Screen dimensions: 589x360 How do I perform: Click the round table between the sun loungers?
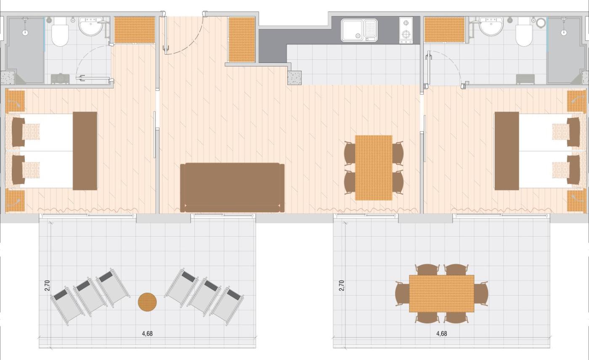click(x=147, y=302)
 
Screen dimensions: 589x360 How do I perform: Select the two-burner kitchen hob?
click(x=406, y=30)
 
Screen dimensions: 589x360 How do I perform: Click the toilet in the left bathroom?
click(x=60, y=32)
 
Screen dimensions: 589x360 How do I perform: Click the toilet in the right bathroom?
click(x=524, y=32)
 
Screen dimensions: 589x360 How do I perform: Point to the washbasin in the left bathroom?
click(x=91, y=27)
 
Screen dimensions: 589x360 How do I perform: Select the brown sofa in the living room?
click(x=232, y=188)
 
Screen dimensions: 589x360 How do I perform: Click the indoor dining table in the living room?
click(x=374, y=168)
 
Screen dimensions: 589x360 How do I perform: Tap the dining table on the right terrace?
click(x=442, y=293)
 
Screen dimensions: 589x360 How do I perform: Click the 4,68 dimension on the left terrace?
click(x=147, y=333)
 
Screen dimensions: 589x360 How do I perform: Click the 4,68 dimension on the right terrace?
click(x=442, y=333)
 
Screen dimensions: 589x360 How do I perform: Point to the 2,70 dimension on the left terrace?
click(x=47, y=285)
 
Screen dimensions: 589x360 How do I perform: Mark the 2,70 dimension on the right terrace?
click(x=342, y=285)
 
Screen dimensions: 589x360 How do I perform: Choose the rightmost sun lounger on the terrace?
click(x=227, y=307)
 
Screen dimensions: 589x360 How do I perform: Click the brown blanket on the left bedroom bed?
click(x=85, y=151)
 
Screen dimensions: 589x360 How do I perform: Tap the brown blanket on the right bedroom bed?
click(x=507, y=151)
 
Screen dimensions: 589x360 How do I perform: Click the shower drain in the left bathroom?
click(x=25, y=33)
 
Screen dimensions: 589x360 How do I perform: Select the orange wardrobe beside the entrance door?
click(x=241, y=40)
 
